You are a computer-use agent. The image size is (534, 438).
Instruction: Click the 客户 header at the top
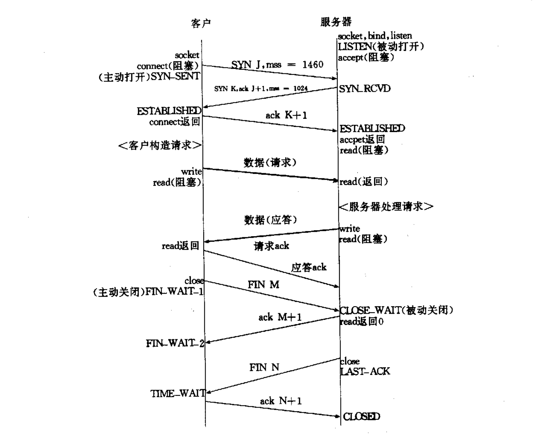201,23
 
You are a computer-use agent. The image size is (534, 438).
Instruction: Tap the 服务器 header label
336,22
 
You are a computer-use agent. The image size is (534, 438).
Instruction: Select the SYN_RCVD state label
365,89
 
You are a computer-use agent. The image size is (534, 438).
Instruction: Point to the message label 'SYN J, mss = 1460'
277,65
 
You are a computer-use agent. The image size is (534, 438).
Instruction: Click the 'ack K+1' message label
286,115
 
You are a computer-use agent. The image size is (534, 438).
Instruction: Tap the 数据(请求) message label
270,163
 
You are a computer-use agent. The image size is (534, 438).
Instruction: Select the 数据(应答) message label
270,220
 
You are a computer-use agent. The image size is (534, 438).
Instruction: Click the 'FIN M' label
263,285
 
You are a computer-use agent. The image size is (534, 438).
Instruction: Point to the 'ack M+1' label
280,317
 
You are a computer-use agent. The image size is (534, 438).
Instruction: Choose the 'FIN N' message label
264,367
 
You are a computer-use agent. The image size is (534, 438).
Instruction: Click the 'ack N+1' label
281,401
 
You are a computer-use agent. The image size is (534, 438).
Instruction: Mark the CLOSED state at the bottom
362,417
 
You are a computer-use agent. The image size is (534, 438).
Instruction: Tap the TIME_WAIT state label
178,394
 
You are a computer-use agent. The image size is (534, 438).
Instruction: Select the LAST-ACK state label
365,372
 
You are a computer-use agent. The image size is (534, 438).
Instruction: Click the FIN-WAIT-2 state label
175,343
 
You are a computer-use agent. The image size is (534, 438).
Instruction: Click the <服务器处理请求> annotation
386,207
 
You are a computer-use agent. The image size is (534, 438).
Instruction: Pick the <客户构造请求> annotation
160,146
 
